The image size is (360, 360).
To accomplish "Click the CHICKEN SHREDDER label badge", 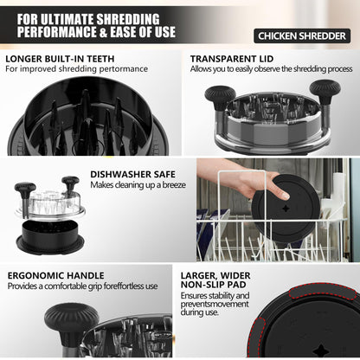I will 301,35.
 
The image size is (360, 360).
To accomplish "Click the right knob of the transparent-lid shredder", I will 325,89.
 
